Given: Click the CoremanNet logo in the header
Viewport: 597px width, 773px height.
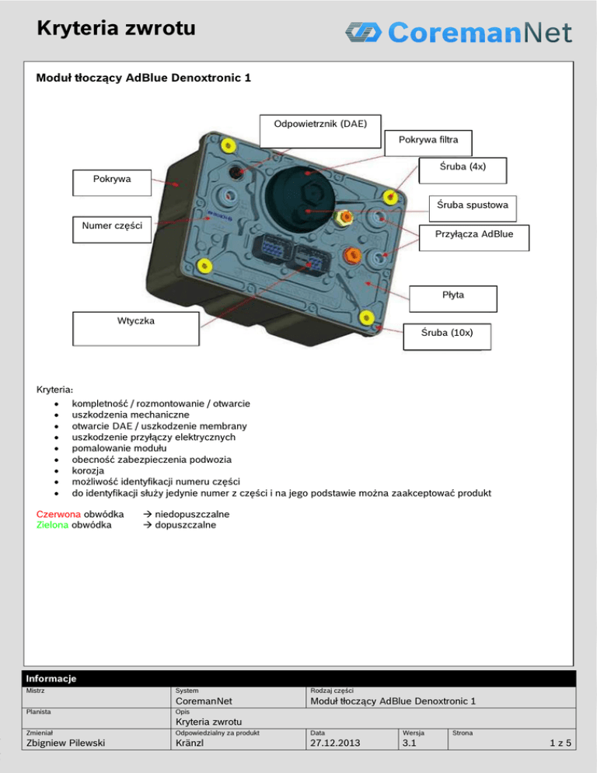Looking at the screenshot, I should [x=459, y=32].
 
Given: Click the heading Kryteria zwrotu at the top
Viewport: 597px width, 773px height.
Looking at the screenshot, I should [x=116, y=30].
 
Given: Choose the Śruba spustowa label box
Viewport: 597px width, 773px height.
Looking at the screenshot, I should [x=473, y=206].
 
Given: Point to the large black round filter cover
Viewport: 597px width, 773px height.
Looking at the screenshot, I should [x=298, y=194].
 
